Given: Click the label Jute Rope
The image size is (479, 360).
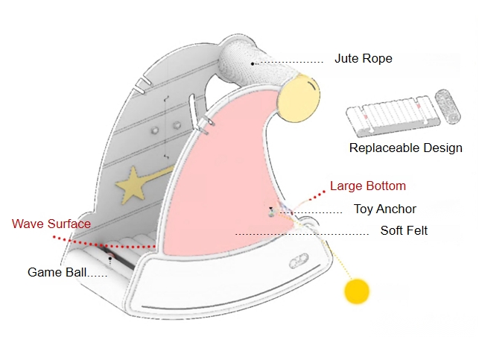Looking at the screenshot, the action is click(x=364, y=58).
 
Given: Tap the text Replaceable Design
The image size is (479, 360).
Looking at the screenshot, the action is click(x=406, y=148).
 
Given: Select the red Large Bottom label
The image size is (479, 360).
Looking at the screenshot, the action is click(x=368, y=186).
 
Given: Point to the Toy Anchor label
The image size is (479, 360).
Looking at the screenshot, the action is click(x=385, y=209).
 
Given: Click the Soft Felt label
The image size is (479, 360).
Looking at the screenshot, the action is click(x=404, y=230).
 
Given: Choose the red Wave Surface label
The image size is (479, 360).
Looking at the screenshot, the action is click(x=51, y=224).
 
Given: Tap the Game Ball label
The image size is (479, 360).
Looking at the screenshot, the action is click(x=57, y=272).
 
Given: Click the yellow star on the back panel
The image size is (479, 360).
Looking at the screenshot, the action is click(x=132, y=185).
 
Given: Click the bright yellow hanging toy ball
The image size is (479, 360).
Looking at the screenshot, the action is click(x=357, y=291).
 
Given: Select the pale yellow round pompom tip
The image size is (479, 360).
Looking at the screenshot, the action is click(x=299, y=98).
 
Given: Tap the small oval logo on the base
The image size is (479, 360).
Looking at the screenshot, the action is click(x=299, y=261).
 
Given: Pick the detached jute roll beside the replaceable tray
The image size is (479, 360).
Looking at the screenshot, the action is click(x=448, y=107).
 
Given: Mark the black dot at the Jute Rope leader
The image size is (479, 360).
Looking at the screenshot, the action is click(x=253, y=63).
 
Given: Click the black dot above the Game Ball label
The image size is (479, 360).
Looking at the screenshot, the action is click(x=110, y=259).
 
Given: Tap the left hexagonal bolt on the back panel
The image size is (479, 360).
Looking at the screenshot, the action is click(x=155, y=130).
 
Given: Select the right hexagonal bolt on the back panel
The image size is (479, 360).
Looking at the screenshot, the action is click(x=177, y=125).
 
